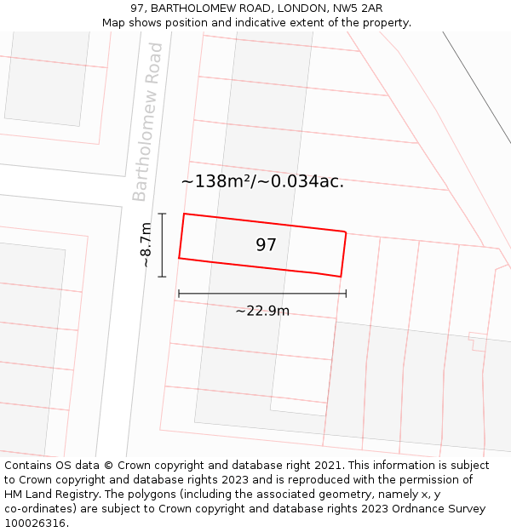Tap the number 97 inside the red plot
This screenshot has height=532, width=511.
pos(267,245)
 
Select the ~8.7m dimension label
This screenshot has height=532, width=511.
pos(146,245)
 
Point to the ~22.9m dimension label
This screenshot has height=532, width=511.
pos(262,311)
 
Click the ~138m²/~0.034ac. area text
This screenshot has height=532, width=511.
pos(262,181)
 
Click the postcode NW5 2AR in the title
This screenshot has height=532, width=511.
pos(358,9)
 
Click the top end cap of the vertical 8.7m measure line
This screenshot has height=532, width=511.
pos(162,214)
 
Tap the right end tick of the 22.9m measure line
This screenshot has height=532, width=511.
pos(346,294)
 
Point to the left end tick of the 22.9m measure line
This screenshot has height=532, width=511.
pos(179,294)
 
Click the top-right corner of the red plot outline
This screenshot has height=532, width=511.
pos(346,232)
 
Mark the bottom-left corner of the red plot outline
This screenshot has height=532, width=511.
pos(179,258)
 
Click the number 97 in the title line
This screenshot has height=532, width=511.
pos(138,9)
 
